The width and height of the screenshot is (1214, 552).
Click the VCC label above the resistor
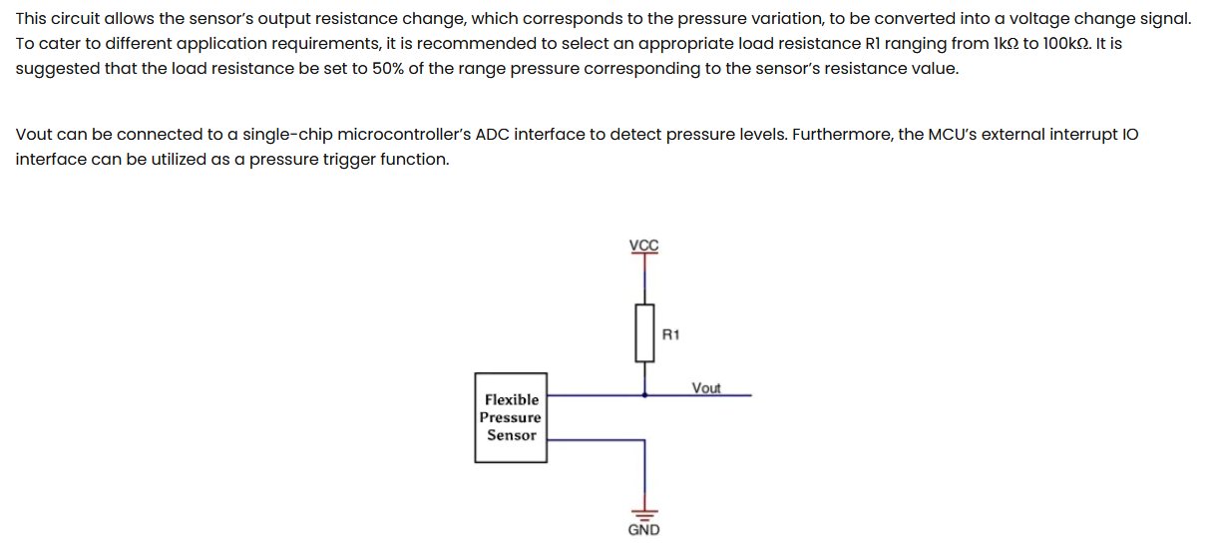(643, 246)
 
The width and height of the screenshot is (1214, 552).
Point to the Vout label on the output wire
(705, 387)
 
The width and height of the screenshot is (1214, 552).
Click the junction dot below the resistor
(643, 395)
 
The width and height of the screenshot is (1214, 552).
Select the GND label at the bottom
(643, 530)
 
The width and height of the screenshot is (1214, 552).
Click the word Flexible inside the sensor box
(512, 399)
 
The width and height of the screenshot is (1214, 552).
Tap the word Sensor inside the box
(512, 435)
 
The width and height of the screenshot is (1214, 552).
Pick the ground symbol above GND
(643, 509)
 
